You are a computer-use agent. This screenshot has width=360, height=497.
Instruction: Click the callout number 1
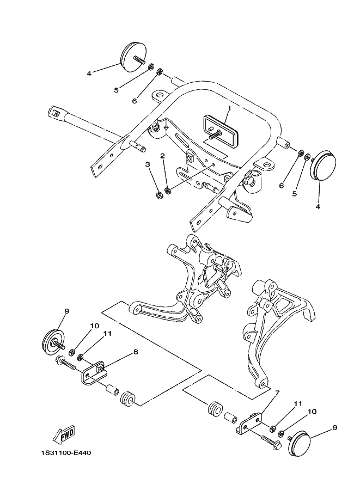click(x=229, y=108)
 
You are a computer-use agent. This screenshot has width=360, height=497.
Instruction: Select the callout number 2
click(x=162, y=156)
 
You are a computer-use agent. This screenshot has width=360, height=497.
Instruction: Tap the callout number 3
click(x=147, y=164)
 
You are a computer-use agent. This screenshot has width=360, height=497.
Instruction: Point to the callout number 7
click(x=277, y=392)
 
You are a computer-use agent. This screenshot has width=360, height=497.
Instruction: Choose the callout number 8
click(x=136, y=352)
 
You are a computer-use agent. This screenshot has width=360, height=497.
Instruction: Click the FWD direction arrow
click(x=64, y=433)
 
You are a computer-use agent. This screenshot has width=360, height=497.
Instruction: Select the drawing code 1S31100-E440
click(x=65, y=452)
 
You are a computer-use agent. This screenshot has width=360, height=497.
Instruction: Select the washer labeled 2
click(x=168, y=191)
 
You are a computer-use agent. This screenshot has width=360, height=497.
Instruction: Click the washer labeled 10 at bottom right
click(x=282, y=434)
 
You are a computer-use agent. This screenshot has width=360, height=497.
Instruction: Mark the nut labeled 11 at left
click(x=81, y=358)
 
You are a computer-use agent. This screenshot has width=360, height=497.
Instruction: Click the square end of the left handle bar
click(x=54, y=113)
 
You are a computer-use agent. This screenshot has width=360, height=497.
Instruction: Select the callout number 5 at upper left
click(x=116, y=90)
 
